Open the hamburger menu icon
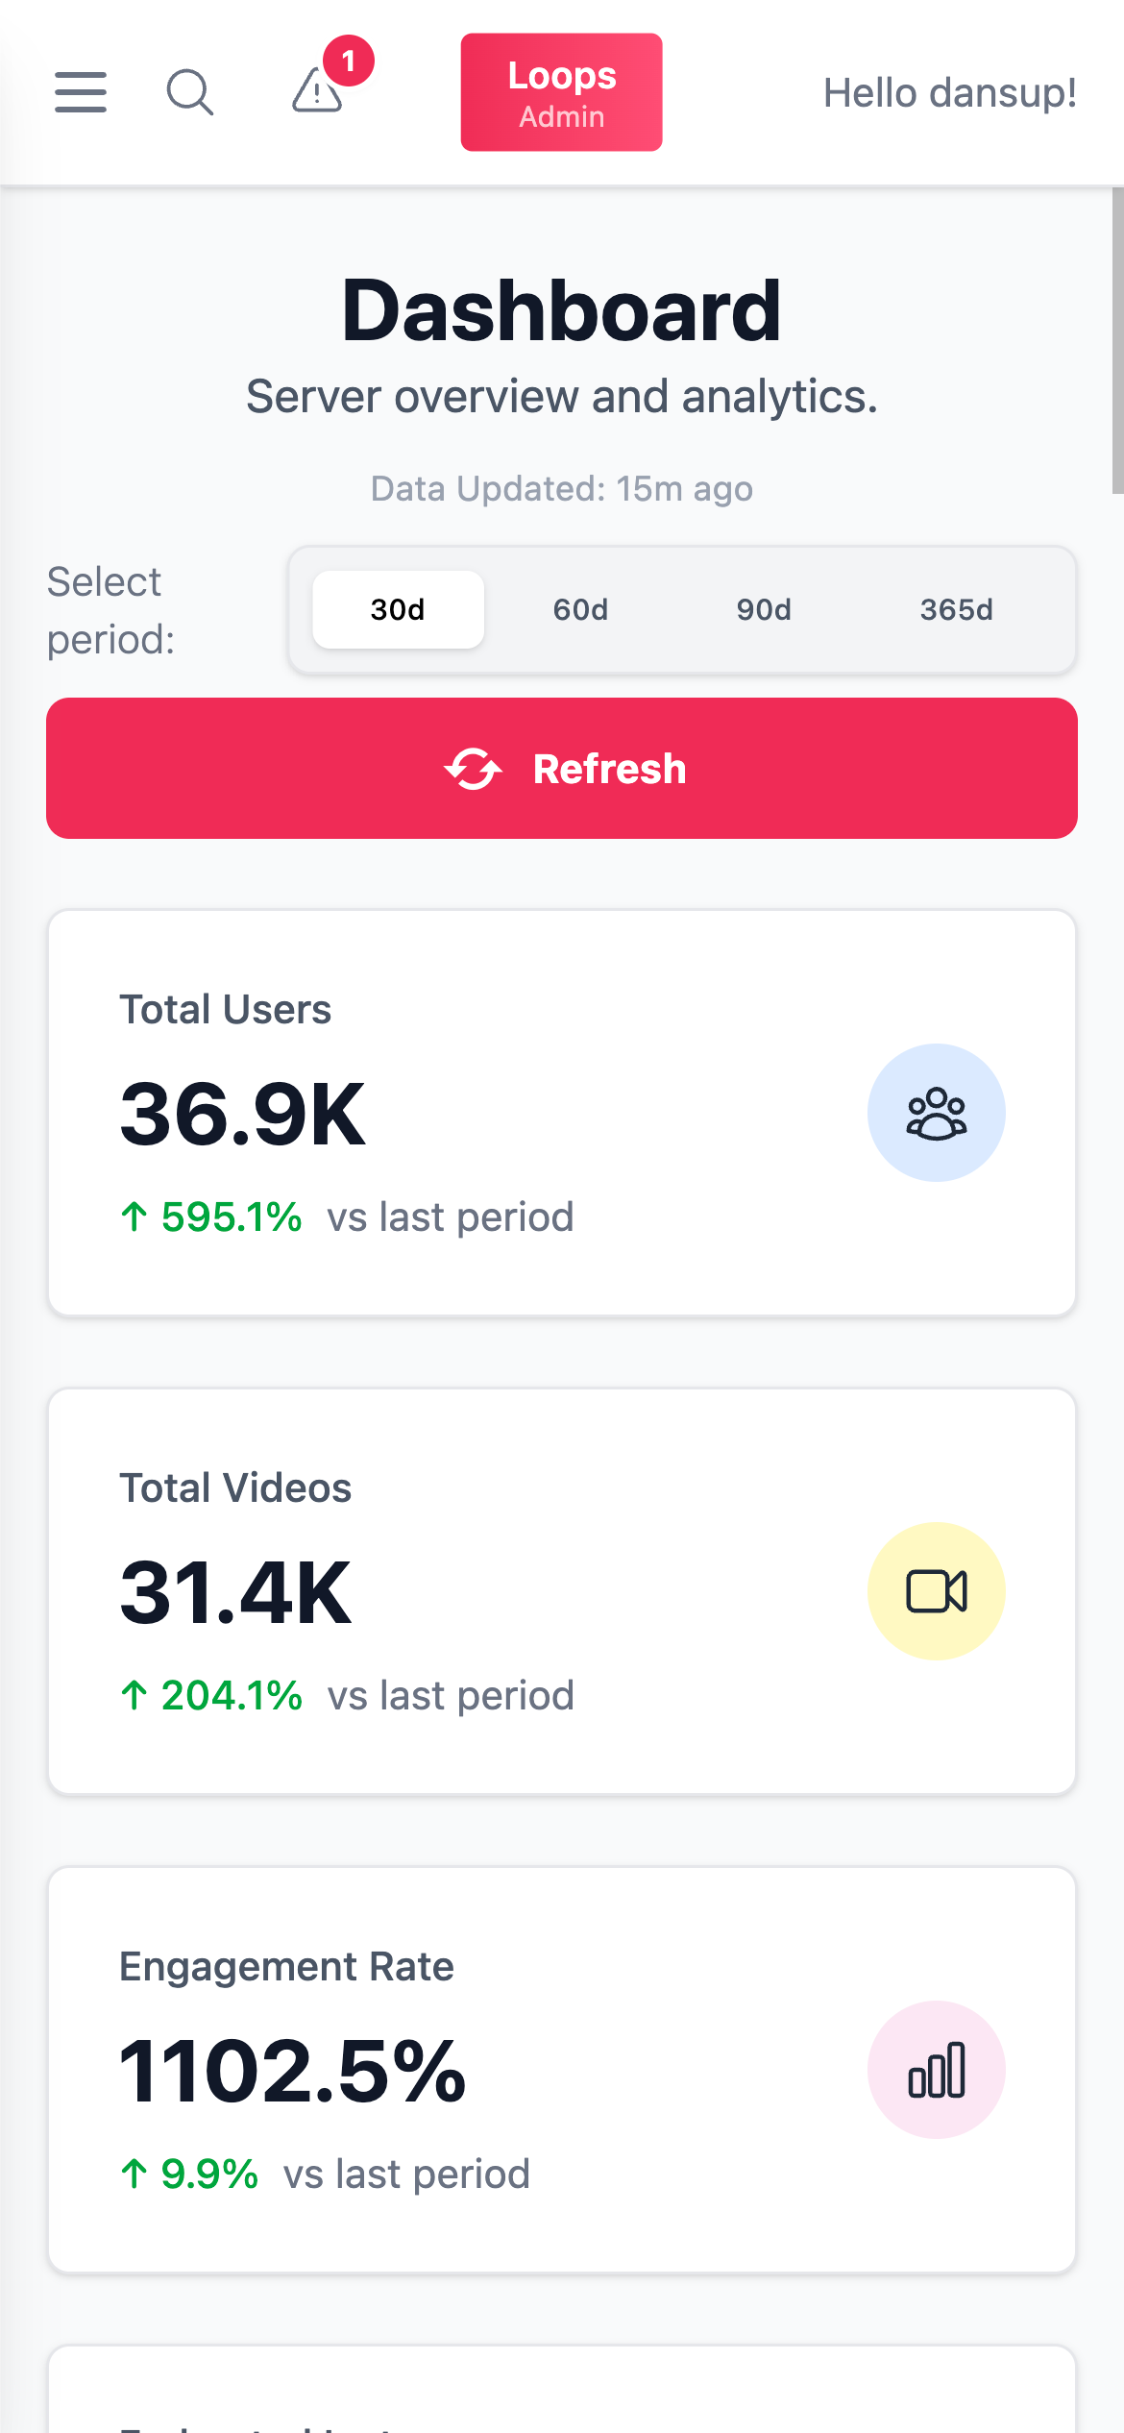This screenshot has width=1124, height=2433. coord(81,92)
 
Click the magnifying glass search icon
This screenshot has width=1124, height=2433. coord(189,92)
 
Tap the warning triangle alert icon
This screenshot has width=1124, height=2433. coord(316,93)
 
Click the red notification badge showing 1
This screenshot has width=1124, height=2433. coord(348,61)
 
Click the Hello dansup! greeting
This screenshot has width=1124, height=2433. coord(949,93)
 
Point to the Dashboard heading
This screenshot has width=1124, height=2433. coord(561,310)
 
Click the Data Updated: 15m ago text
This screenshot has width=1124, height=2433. coord(561,488)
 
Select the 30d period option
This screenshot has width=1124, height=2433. coord(398,609)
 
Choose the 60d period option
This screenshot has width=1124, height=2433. coord(580,609)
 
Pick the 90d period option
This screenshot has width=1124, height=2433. coord(764,609)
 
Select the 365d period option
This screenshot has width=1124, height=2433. coord(956,609)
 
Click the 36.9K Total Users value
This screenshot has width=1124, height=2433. coord(242,1115)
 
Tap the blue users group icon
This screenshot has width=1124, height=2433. coord(936,1113)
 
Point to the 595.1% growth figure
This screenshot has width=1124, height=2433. coord(231,1217)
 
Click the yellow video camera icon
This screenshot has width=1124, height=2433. coord(936,1591)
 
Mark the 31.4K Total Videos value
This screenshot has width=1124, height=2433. coord(235,1593)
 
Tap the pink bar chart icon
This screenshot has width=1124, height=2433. coord(936,2070)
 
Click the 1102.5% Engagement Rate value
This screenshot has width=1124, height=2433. coord(292,2072)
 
